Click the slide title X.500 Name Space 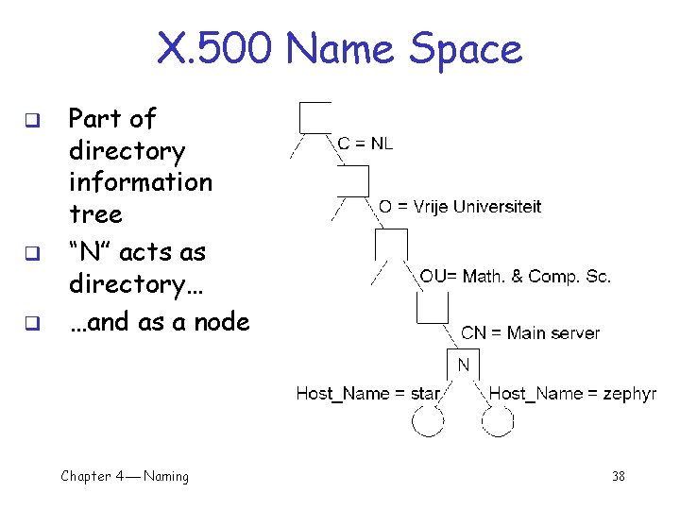[339, 48]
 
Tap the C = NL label [365, 144]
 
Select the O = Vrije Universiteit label [460, 207]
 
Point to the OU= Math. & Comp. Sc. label [516, 276]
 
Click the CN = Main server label [530, 332]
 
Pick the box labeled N [463, 365]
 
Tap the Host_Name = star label [368, 393]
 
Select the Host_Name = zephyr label [572, 393]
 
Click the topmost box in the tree [314, 117]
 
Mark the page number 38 [618, 477]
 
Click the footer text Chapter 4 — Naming [125, 477]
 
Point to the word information [140, 181]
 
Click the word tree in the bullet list [95, 213]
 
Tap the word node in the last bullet [222, 322]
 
